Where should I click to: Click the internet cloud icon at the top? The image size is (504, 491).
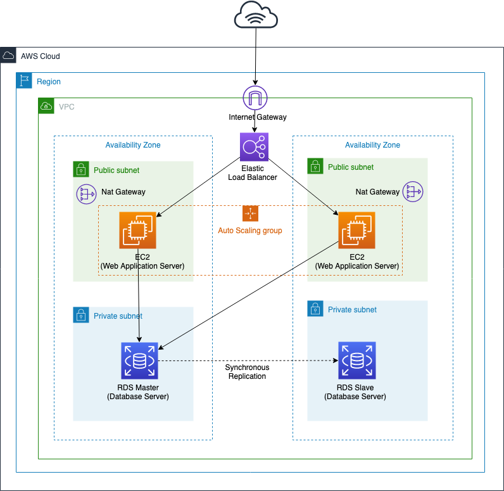tap(256, 16)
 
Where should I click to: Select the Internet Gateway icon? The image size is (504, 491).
tap(255, 98)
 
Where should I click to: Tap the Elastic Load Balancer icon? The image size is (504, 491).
tap(254, 148)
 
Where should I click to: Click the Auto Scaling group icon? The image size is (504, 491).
tap(251, 214)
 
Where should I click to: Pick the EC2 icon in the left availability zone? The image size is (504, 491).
tap(138, 231)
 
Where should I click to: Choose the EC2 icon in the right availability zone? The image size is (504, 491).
tap(357, 231)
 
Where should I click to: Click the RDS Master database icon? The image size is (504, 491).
tap(139, 360)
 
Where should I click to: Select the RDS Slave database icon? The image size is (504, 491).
tap(356, 360)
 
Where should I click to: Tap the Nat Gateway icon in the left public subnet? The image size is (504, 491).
tap(86, 193)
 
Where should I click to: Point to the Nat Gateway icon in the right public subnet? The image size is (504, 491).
tap(413, 192)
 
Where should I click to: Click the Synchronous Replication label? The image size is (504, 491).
tap(247, 372)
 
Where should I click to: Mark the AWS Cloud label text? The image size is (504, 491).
tap(41, 56)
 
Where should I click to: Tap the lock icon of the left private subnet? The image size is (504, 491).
tap(81, 315)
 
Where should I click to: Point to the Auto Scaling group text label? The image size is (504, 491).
tap(250, 231)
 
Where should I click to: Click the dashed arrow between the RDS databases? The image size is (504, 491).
tap(247, 360)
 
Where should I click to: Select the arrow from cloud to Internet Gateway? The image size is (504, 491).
tap(256, 57)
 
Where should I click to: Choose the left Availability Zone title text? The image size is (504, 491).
tap(133, 145)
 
